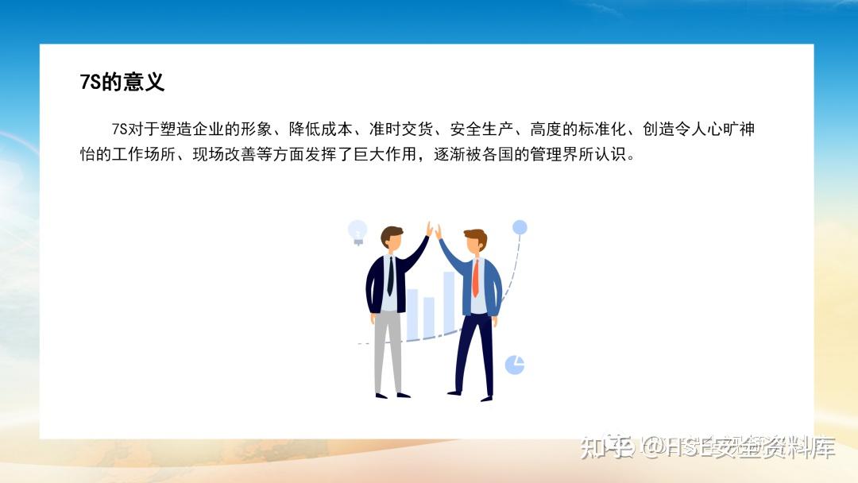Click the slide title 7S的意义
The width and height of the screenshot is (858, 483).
[122, 83]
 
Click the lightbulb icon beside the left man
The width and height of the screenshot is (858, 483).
[357, 231]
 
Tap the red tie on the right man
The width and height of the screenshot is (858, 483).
[476, 278]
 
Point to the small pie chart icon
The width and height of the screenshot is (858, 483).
[515, 365]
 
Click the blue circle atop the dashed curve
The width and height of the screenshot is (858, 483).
[520, 228]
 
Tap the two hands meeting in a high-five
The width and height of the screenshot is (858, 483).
[434, 231]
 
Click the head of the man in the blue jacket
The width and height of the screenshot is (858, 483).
[474, 241]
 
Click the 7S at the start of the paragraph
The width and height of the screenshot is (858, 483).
[120, 129]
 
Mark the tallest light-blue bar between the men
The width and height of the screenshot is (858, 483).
[449, 302]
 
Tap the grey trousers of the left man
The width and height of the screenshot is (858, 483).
[388, 350]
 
